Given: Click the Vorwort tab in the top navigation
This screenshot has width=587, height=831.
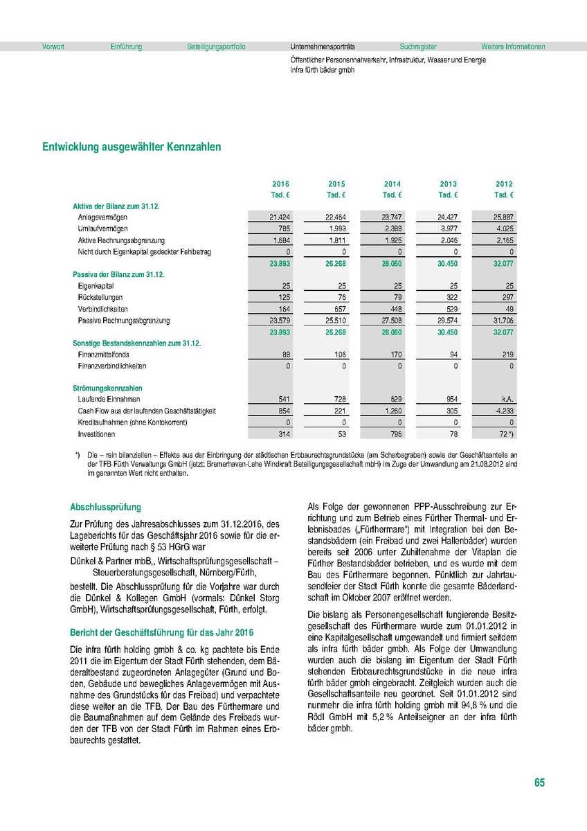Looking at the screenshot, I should pyautogui.click(x=53, y=47).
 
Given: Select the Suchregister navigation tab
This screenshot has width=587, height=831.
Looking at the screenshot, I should pyautogui.click(x=417, y=47).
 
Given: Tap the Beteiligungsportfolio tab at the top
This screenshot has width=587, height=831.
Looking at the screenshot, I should pyautogui.click(x=216, y=47).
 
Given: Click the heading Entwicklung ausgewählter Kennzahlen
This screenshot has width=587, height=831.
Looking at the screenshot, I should pyautogui.click(x=132, y=148).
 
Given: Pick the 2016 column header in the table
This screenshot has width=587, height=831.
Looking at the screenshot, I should pyautogui.click(x=280, y=184).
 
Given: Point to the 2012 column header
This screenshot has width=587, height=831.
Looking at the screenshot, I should pyautogui.click(x=504, y=184).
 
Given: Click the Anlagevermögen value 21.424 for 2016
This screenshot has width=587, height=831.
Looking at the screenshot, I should pyautogui.click(x=279, y=217).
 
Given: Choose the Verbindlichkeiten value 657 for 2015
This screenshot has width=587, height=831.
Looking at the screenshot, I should pyautogui.click(x=338, y=309).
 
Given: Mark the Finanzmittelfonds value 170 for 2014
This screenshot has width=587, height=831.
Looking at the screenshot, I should pyautogui.click(x=394, y=354).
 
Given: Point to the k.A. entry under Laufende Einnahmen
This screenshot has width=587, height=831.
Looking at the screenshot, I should pyautogui.click(x=505, y=400).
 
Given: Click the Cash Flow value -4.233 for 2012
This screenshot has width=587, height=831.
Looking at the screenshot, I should pyautogui.click(x=502, y=411).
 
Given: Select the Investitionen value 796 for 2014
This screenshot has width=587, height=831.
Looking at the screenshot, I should pyautogui.click(x=394, y=434).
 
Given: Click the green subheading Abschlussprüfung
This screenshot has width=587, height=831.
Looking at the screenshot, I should pyautogui.click(x=105, y=507).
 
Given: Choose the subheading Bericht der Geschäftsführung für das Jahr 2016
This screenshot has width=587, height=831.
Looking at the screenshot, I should pyautogui.click(x=162, y=632).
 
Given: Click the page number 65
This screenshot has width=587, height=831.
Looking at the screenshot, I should pyautogui.click(x=539, y=783).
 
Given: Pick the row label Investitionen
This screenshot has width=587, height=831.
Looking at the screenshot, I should pyautogui.click(x=96, y=434).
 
